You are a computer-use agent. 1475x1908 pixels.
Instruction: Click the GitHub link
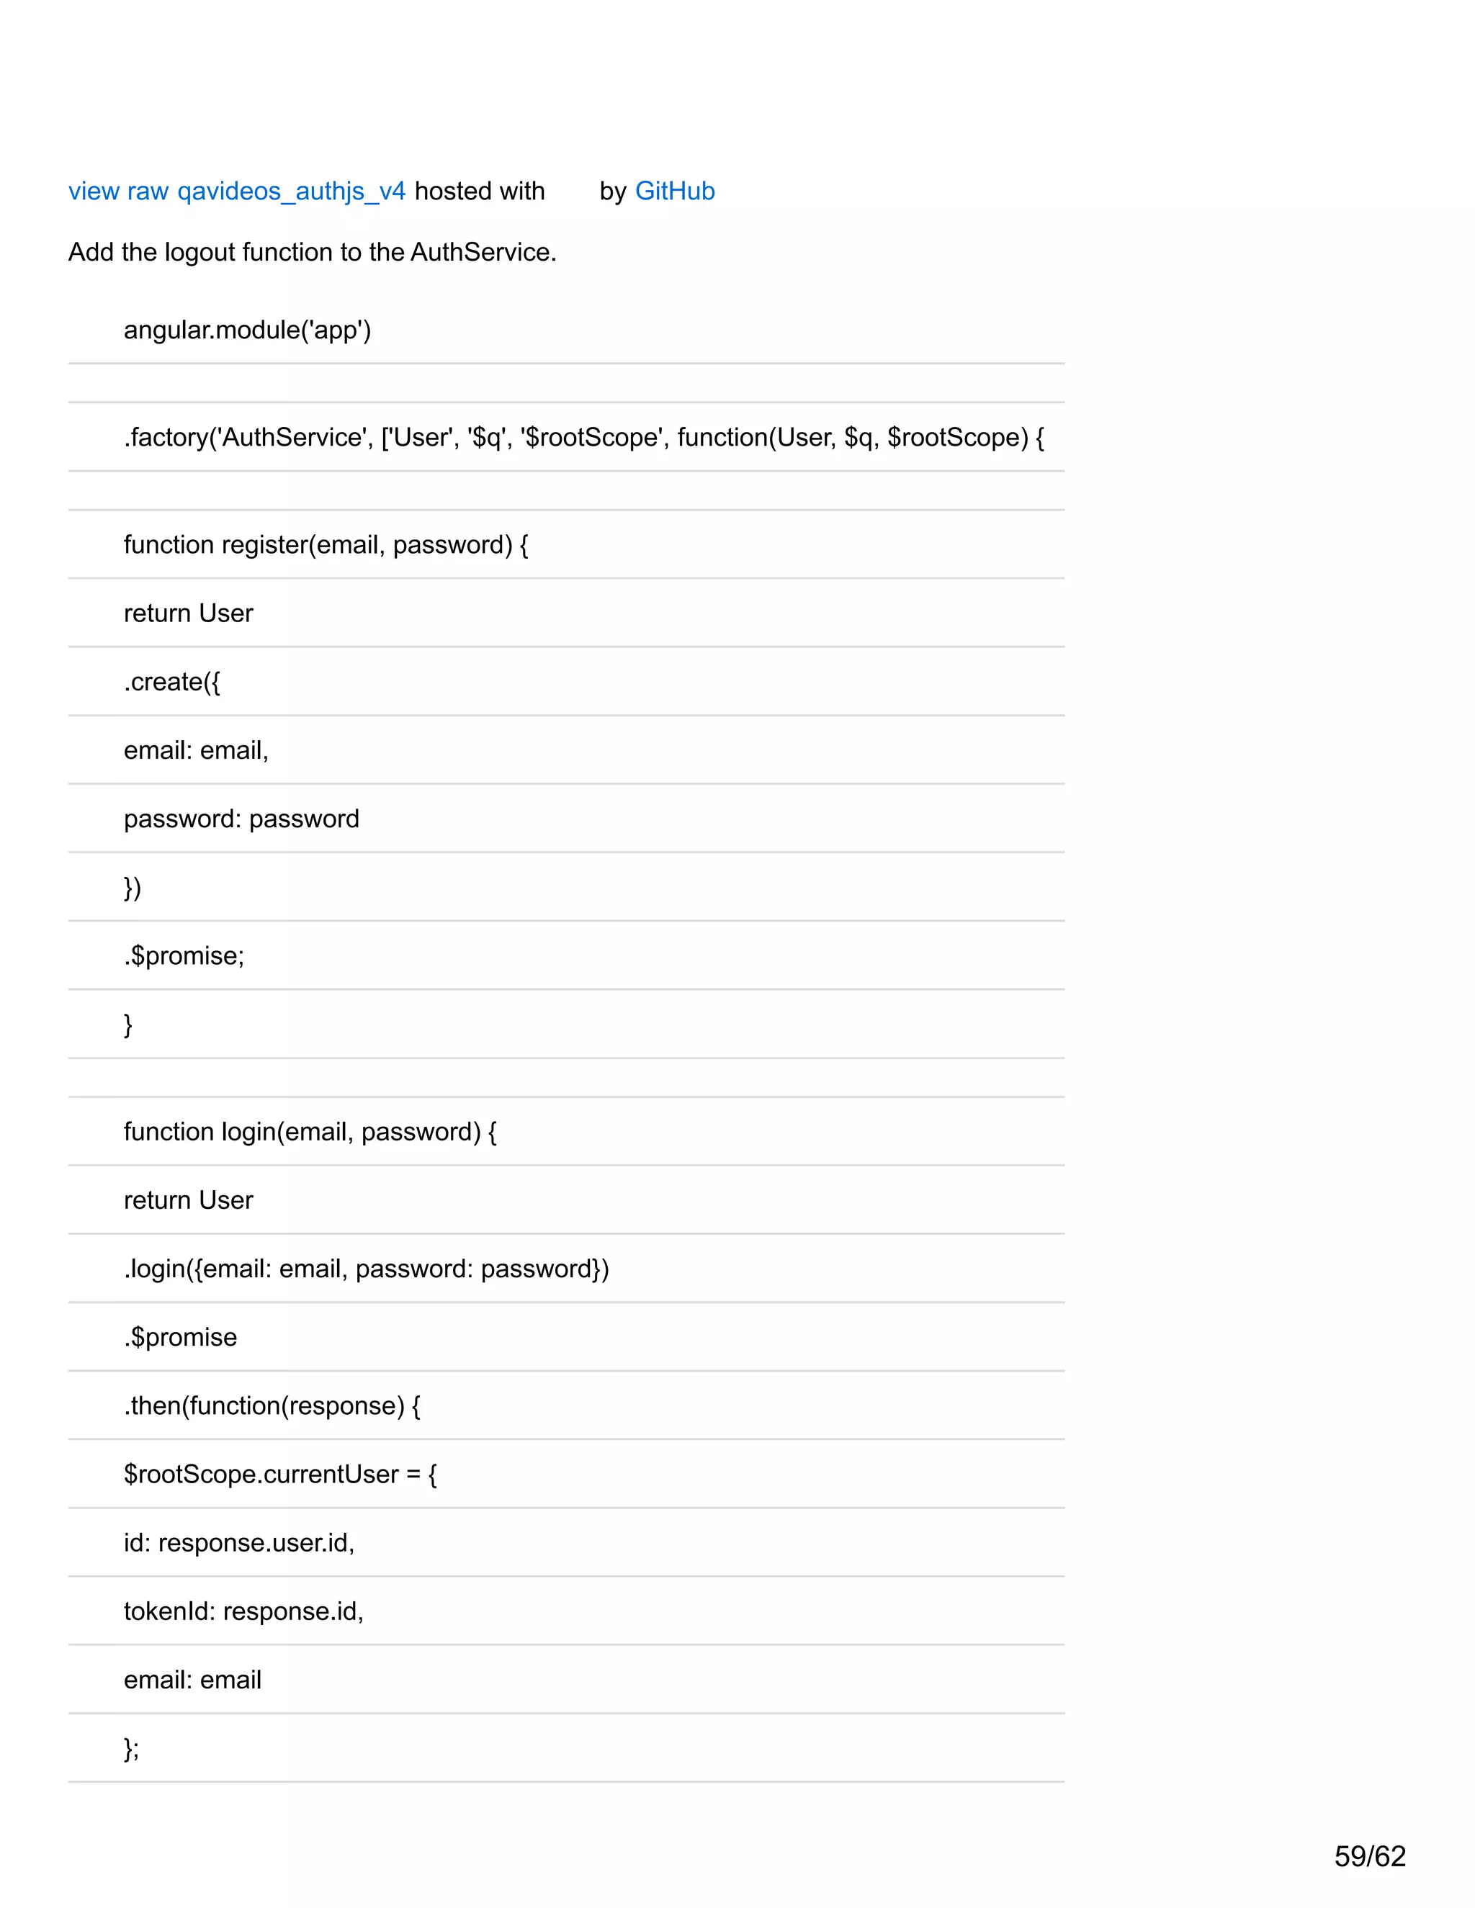click(x=675, y=191)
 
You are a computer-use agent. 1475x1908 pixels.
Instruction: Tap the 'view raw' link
click(x=118, y=191)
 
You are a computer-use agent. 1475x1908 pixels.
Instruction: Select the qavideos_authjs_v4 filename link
click(x=291, y=192)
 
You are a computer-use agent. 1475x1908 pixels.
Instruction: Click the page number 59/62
click(x=1369, y=1855)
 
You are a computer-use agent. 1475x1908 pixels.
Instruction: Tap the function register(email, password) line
click(x=326, y=544)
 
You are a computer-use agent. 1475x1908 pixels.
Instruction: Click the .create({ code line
click(x=172, y=681)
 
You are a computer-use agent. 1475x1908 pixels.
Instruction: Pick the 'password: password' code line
click(x=241, y=819)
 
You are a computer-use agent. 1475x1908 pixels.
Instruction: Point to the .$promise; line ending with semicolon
click(x=184, y=955)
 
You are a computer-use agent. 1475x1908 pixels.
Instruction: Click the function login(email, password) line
click(x=310, y=1131)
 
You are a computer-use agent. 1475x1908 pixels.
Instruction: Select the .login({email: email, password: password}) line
click(x=366, y=1269)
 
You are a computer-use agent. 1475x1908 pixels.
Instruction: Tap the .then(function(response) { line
click(x=272, y=1405)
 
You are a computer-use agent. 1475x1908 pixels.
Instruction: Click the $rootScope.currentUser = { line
click(x=279, y=1474)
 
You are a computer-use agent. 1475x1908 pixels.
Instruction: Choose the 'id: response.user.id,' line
click(x=238, y=1543)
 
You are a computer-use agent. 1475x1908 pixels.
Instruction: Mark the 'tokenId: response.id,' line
click(x=243, y=1611)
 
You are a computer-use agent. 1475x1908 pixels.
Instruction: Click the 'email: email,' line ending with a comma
click(x=196, y=750)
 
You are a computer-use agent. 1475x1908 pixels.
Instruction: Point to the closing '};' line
click(x=131, y=1748)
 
